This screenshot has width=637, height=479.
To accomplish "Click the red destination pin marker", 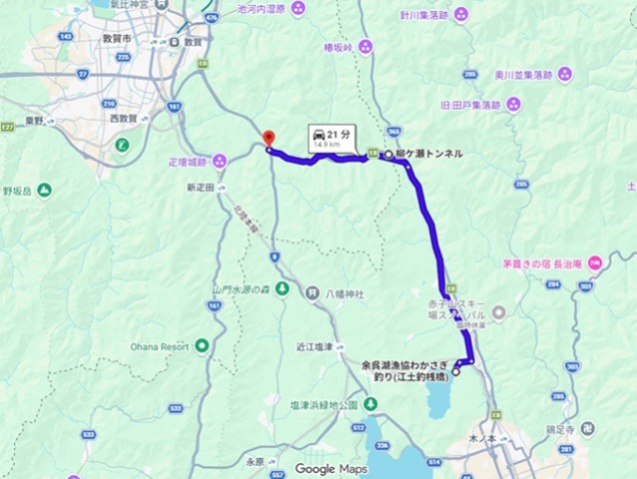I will click(267, 140).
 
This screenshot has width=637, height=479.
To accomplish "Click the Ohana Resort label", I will click(159, 346).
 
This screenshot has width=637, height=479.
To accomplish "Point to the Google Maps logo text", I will click(331, 468).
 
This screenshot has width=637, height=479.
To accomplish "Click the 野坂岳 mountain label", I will click(18, 189).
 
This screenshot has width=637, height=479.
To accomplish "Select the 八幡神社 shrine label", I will click(344, 293).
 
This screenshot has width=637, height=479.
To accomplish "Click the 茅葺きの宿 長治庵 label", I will click(543, 264).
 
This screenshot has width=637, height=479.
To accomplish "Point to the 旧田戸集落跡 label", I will click(474, 104).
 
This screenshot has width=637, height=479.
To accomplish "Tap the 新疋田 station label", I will click(200, 187).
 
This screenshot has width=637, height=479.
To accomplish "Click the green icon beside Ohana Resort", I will click(203, 346).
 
